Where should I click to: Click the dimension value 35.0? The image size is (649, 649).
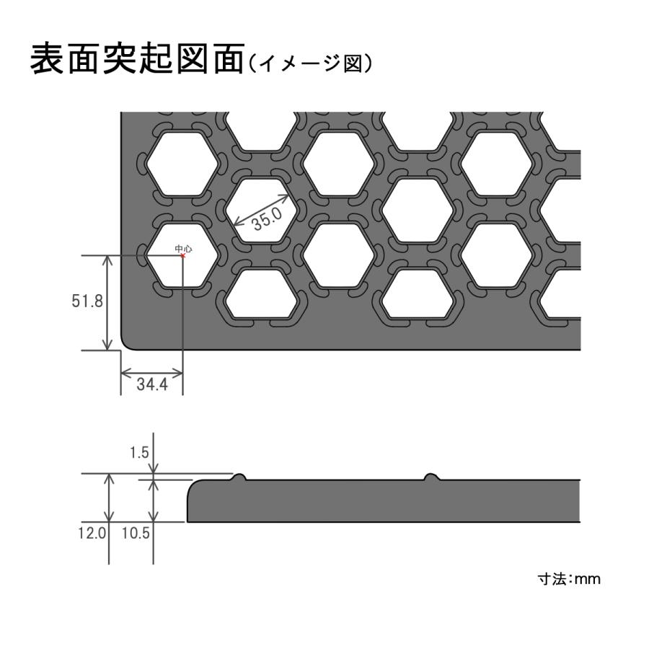(267, 218)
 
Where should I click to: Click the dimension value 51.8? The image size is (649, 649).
(87, 301)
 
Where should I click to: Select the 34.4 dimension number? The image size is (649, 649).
(152, 384)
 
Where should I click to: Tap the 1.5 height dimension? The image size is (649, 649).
(139, 452)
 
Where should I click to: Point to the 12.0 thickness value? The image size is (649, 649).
(92, 533)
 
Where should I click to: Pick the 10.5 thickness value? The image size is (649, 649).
(136, 533)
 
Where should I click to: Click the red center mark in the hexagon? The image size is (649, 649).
(182, 255)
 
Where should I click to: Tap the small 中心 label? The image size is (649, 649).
(183, 248)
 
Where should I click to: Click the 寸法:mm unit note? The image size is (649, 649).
(569, 578)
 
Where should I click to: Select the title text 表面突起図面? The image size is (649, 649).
(138, 59)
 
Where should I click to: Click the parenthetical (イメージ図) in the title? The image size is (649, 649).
(309, 63)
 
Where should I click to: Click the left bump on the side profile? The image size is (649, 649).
(238, 477)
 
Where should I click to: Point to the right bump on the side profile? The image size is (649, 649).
(432, 477)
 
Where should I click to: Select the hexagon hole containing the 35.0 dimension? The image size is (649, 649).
(262, 211)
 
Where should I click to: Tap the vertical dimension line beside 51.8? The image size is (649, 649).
(107, 303)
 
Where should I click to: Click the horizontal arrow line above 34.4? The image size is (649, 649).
(151, 374)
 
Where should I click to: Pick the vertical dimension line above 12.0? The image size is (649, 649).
(109, 498)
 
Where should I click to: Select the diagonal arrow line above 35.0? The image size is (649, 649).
(261, 210)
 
